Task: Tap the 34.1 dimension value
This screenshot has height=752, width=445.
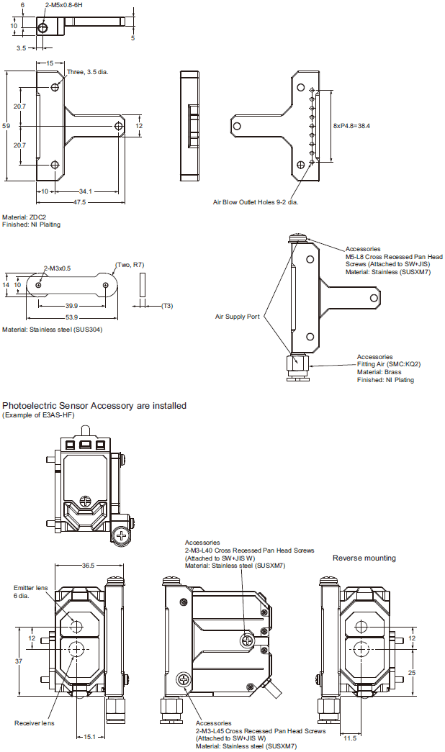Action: [x=85, y=191]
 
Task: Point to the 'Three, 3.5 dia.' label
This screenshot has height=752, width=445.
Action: [x=87, y=72]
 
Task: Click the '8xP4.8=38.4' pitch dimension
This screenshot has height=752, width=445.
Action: [x=351, y=126]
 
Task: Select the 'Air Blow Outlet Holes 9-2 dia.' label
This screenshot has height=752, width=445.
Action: [x=256, y=202]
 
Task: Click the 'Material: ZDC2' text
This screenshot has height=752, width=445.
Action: [x=24, y=217]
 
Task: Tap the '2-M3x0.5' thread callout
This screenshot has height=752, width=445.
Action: [x=57, y=268]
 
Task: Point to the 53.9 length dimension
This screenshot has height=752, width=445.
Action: [x=71, y=317]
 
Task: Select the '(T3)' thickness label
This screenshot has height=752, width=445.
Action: [x=166, y=306]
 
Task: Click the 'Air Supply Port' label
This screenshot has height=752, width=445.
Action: [x=237, y=316]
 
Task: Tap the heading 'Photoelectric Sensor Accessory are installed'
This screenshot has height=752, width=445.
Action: [x=94, y=406]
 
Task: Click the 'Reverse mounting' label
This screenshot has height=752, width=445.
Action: [x=364, y=558]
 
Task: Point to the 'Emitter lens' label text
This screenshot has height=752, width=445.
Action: [x=30, y=588]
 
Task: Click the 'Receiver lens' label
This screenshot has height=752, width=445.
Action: [x=34, y=722]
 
